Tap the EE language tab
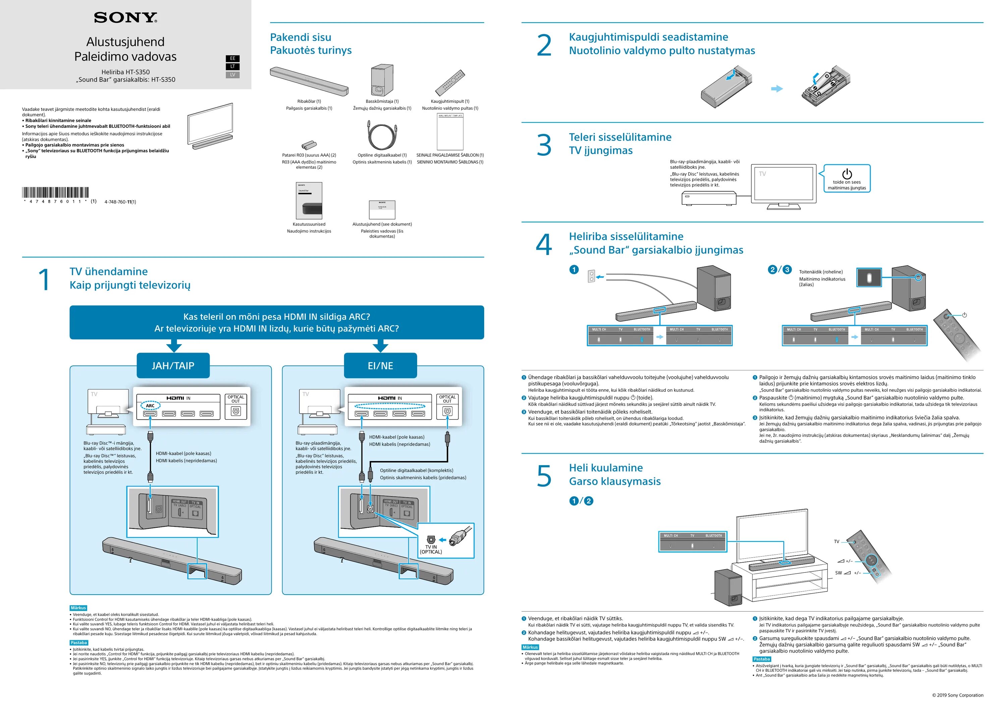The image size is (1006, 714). pyautogui.click(x=232, y=58)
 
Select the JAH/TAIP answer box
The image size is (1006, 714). pyautogui.click(x=173, y=365)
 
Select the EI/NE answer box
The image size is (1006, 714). pyautogui.click(x=380, y=365)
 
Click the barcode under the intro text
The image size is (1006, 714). pyautogui.click(x=55, y=193)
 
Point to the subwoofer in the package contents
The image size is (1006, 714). pyautogui.click(x=381, y=81)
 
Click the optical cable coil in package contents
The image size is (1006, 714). pyautogui.click(x=381, y=136)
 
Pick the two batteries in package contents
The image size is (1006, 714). pyautogui.click(x=309, y=145)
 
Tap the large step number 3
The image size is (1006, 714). pyautogui.click(x=544, y=145)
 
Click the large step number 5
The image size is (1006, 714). pyautogui.click(x=544, y=476)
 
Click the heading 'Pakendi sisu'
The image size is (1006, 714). pyautogui.click(x=300, y=37)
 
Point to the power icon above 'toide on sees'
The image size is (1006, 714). pyautogui.click(x=846, y=174)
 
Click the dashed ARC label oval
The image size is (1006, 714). pyautogui.click(x=150, y=405)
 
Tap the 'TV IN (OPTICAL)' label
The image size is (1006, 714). pyautogui.click(x=431, y=550)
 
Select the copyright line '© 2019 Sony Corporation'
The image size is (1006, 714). pyautogui.click(x=957, y=695)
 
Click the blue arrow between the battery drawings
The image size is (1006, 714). pyautogui.click(x=777, y=89)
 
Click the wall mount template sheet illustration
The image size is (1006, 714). pyautogui.click(x=450, y=132)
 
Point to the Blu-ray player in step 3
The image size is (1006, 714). pyautogui.click(x=709, y=198)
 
